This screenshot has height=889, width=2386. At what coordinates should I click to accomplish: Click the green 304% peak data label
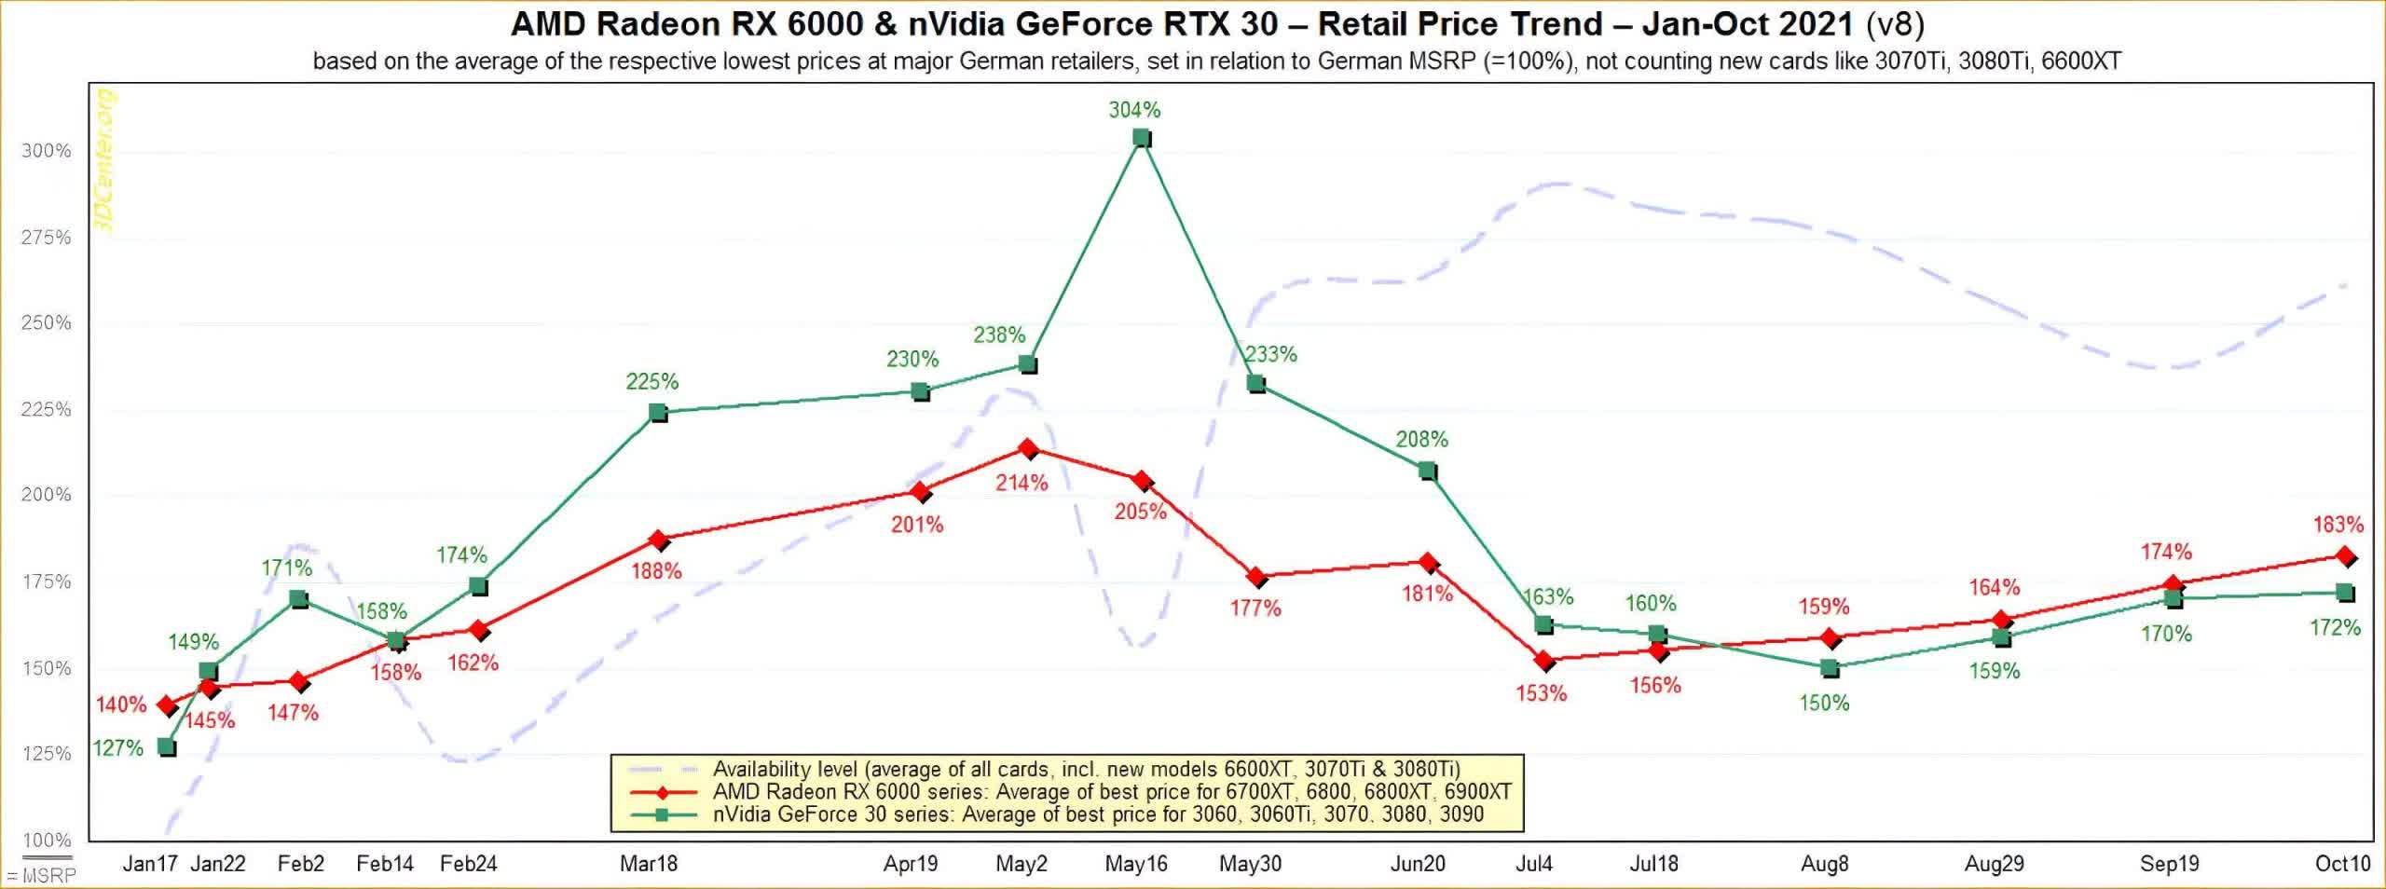[x=1134, y=110]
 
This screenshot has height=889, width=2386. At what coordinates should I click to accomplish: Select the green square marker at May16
[x=1141, y=139]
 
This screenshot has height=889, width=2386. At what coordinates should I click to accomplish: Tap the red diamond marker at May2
[x=1027, y=449]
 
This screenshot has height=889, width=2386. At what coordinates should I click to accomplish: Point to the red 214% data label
[x=1022, y=483]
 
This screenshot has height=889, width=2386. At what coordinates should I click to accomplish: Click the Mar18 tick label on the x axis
[x=649, y=864]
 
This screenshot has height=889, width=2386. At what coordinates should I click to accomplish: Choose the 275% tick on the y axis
[x=46, y=238]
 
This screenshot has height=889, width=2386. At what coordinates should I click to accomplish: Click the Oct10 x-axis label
[x=2342, y=864]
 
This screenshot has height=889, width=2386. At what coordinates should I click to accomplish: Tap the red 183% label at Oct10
[x=2338, y=525]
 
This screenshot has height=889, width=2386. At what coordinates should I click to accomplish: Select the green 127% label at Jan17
[x=117, y=748]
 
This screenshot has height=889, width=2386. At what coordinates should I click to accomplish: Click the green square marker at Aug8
[x=1829, y=668]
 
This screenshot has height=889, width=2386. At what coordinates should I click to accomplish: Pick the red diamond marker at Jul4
[x=1543, y=662]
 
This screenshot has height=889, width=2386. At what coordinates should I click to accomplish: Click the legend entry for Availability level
[x=1086, y=770]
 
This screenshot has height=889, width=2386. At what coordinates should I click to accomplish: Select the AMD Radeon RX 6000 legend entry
[x=1111, y=792]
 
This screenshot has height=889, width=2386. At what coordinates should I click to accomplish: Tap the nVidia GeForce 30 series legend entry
[x=1098, y=814]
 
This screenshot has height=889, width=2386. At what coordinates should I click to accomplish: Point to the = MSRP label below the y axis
[x=40, y=876]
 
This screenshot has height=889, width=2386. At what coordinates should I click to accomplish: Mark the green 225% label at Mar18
[x=652, y=381]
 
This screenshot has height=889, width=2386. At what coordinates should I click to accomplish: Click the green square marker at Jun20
[x=1427, y=472]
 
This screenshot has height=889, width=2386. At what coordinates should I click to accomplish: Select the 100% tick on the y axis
[x=46, y=841]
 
